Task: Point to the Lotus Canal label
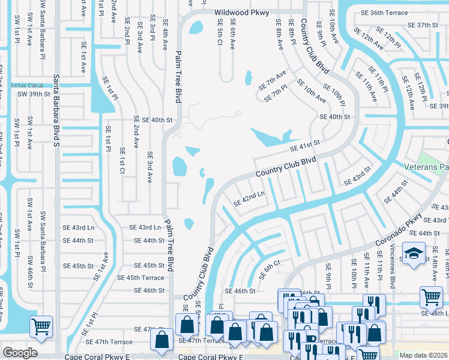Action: pos(28,85)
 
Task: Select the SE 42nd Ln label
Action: pos(249,198)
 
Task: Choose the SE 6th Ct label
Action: pos(270,269)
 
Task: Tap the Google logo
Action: pos(20,353)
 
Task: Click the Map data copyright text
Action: pos(424,355)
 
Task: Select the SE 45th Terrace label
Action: pos(140,278)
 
